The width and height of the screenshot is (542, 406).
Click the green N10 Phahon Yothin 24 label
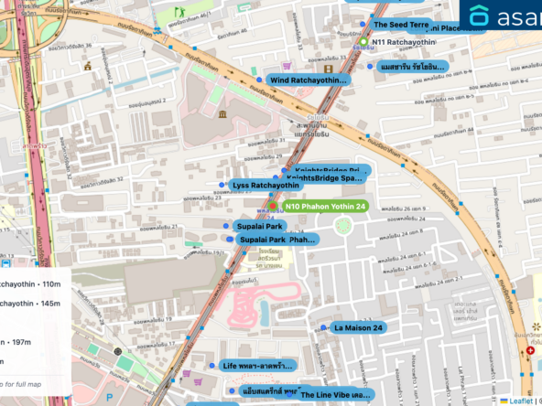(325, 207)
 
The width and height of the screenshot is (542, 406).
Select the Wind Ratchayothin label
(309, 80)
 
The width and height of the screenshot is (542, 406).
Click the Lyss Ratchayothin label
(266, 186)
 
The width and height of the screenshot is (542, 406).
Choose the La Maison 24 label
(358, 327)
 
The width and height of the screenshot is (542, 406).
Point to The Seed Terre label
(400, 25)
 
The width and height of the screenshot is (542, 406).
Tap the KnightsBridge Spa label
(325, 178)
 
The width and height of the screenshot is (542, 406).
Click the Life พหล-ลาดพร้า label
(258, 366)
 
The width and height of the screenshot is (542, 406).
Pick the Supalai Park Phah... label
(276, 240)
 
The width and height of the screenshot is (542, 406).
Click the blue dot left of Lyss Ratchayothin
(222, 186)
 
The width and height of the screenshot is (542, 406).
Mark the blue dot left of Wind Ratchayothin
(259, 80)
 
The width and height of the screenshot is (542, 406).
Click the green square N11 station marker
(363, 42)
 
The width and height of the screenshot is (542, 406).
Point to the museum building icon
(222, 113)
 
